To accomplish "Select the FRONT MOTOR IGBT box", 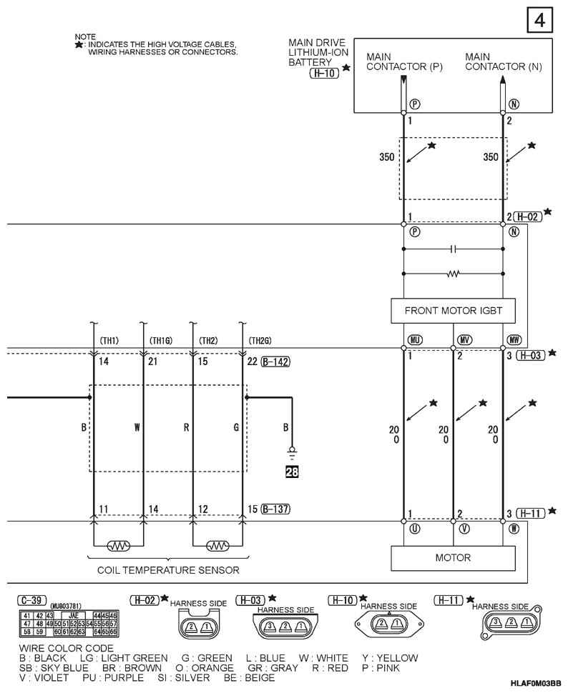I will pyautogui.click(x=454, y=311).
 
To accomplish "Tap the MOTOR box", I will pyautogui.click(x=453, y=557).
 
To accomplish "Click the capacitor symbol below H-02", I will pyautogui.click(x=453, y=249).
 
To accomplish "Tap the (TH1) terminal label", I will pyautogui.click(x=109, y=340).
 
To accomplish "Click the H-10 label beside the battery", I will pyautogui.click(x=323, y=73).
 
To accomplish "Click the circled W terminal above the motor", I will pyautogui.click(x=514, y=529).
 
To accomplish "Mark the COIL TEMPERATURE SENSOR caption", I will pyautogui.click(x=167, y=570).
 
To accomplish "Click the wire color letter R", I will pyautogui.click(x=186, y=429).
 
